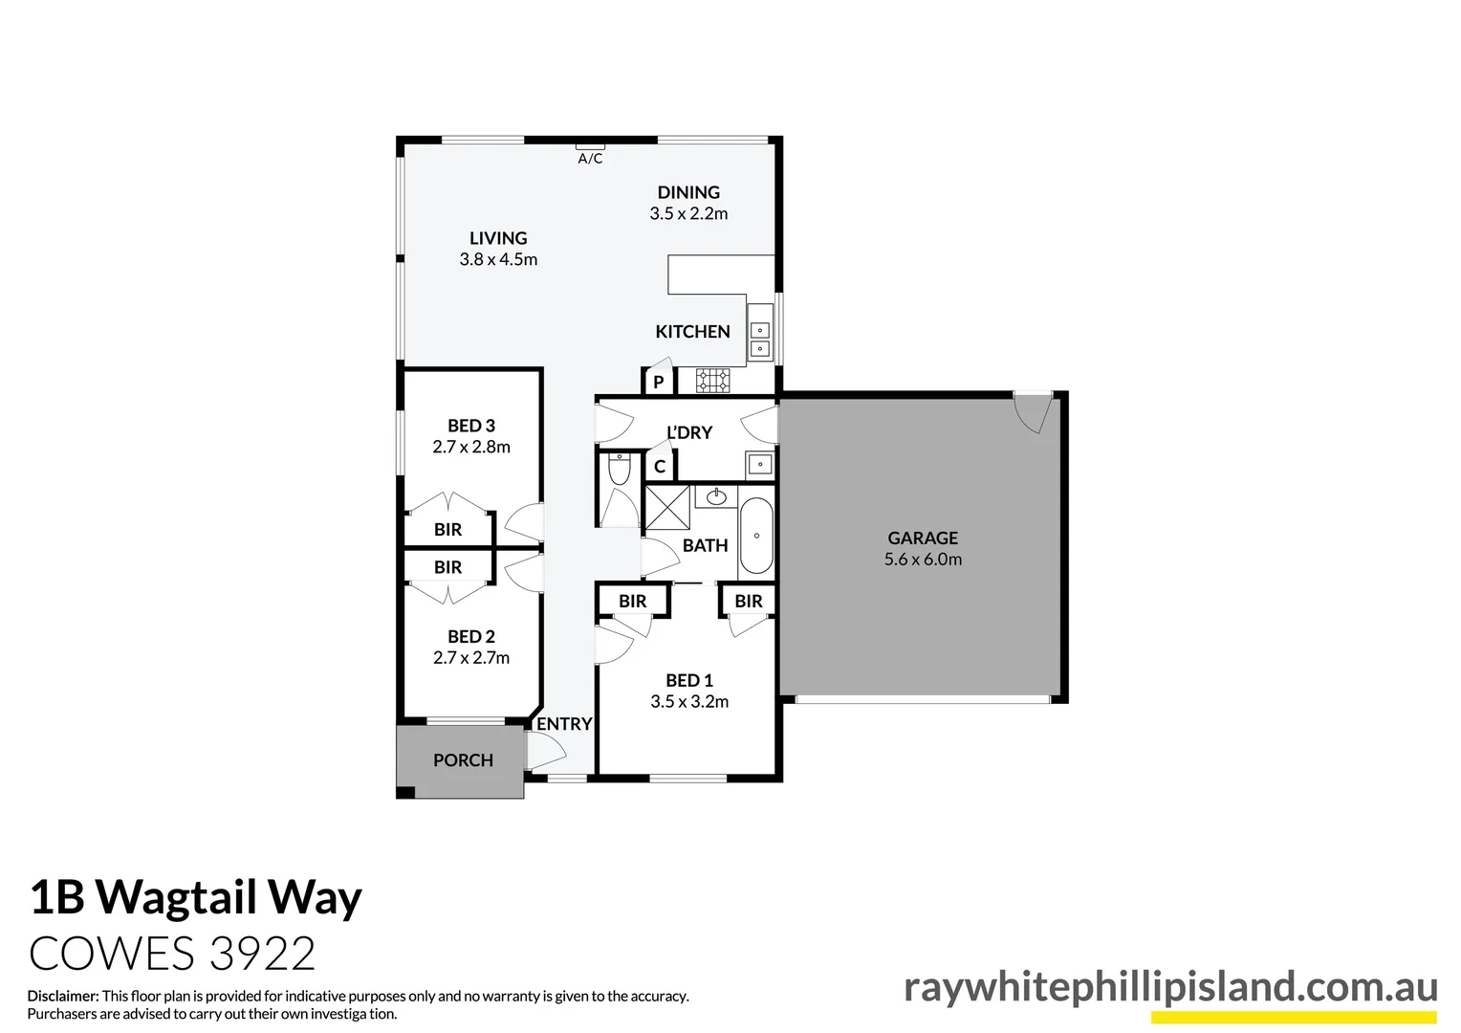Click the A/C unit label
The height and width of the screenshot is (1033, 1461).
pyautogui.click(x=590, y=159)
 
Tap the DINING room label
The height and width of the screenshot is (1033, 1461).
pyautogui.click(x=688, y=192)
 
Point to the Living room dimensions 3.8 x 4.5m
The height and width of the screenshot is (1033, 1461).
pyautogui.click(x=498, y=259)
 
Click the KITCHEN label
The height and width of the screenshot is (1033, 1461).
pyautogui.click(x=692, y=332)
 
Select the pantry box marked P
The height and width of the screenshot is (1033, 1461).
pyautogui.click(x=658, y=383)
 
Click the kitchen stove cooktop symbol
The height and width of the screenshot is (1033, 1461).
pyautogui.click(x=712, y=381)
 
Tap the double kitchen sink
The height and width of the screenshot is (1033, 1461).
pyautogui.click(x=759, y=338)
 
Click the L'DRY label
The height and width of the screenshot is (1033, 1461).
pyautogui.click(x=689, y=432)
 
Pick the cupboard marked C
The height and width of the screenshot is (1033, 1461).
pyautogui.click(x=660, y=468)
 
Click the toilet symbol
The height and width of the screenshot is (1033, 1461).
pyautogui.click(x=620, y=470)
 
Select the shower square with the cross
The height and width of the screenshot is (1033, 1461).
pyautogui.click(x=666, y=507)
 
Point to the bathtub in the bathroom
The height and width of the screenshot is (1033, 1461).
pyautogui.click(x=756, y=536)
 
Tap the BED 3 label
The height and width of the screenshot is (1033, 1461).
pyautogui.click(x=471, y=426)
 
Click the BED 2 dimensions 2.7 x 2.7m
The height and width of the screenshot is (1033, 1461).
pyautogui.click(x=471, y=658)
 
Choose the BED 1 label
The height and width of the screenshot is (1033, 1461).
pyautogui.click(x=689, y=680)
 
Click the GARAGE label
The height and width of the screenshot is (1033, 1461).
pyautogui.click(x=923, y=538)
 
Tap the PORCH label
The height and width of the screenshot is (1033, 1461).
pyautogui.click(x=463, y=760)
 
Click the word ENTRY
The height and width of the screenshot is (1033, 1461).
pyautogui.click(x=564, y=724)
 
